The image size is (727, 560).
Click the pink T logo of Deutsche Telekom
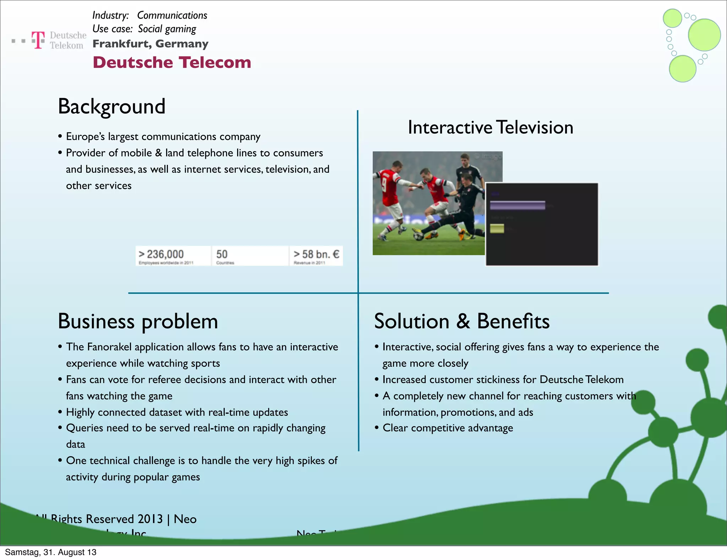pyautogui.click(x=38, y=39)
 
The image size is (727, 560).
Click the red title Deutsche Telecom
pyautogui.click(x=172, y=63)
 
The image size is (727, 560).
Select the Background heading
pyautogui.click(x=111, y=106)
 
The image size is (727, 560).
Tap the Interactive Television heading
pyautogui.click(x=490, y=127)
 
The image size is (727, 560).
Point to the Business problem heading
pyautogui.click(x=138, y=321)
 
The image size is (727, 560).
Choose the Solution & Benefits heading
pyautogui.click(x=461, y=321)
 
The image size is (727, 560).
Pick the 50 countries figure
pyautogui.click(x=222, y=254)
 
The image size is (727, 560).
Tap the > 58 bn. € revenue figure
pyautogui.click(x=316, y=254)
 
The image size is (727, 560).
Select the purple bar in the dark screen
pyautogui.click(x=517, y=205)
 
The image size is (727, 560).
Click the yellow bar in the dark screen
pyautogui.click(x=497, y=228)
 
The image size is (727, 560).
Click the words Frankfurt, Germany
pyautogui.click(x=151, y=44)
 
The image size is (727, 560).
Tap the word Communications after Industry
pyautogui.click(x=172, y=15)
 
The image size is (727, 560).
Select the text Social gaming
pyautogui.click(x=167, y=29)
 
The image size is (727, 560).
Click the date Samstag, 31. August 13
pyautogui.click(x=51, y=552)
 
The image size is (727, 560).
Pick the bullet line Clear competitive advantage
pyautogui.click(x=448, y=428)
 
